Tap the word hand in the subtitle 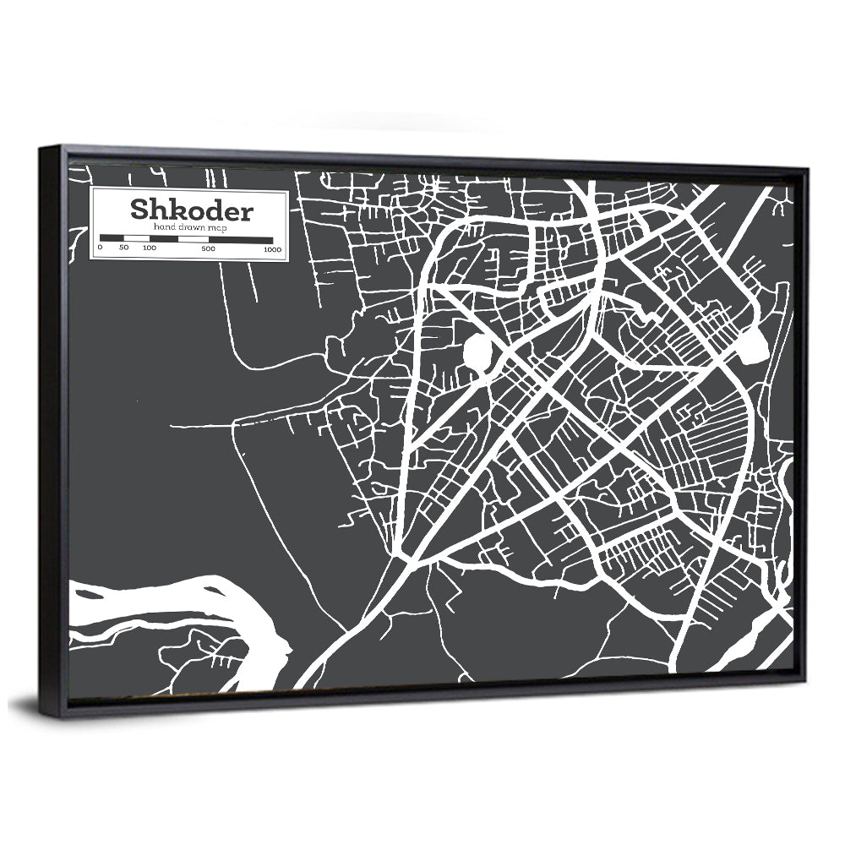164,228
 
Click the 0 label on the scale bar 100,248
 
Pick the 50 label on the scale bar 123,248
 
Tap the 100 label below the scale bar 149,248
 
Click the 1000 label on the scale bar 272,250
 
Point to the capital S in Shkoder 137,208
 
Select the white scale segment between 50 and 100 136,238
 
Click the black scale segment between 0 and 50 112,238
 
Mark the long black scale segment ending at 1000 240,240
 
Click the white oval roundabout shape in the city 477,353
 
